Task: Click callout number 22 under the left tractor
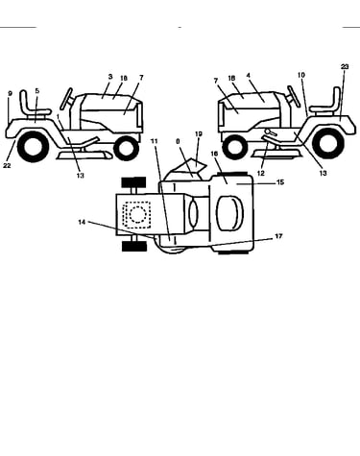[8, 165]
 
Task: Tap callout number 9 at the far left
[10, 93]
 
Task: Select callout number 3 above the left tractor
[110, 77]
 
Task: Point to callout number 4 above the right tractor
[249, 76]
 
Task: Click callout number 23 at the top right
[345, 66]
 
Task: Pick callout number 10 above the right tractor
[301, 75]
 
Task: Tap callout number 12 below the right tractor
[261, 173]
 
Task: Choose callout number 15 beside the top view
[280, 182]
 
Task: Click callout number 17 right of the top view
[278, 236]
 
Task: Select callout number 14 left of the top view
[82, 222]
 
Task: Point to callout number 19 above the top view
[199, 133]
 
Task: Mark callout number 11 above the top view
[155, 141]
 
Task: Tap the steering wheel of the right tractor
[294, 96]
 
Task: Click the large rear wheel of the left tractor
[33, 147]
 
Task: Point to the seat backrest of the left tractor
[24, 101]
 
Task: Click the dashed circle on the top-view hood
[137, 215]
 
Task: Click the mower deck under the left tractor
[84, 155]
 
